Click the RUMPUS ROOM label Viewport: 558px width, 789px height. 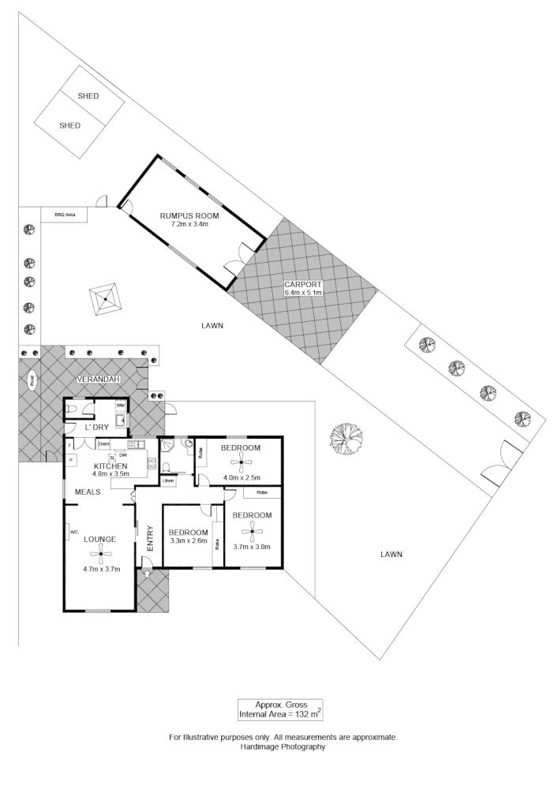pos(189,215)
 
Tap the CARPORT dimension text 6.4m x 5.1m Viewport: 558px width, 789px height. pos(304,293)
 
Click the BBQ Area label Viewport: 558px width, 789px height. pos(64,214)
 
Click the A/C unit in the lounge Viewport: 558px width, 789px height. pos(73,532)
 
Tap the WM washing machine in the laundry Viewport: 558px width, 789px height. pos(121,406)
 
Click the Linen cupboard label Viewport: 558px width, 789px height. pos(167,481)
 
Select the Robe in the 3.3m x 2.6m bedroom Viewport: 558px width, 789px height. pos(216,544)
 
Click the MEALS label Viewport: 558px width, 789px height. pos(88,492)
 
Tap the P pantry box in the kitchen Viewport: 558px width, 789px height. pos(71,458)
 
